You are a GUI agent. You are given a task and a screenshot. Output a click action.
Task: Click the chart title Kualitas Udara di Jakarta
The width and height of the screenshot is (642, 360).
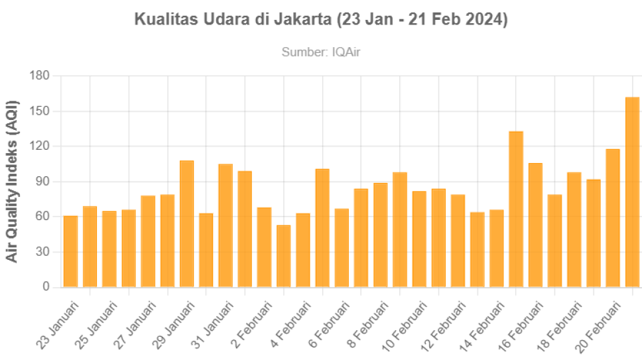click(321, 20)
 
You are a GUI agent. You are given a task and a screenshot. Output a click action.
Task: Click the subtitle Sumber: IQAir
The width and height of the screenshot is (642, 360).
click(321, 52)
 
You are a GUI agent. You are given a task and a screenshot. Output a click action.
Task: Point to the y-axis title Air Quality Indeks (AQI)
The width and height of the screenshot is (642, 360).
click(13, 181)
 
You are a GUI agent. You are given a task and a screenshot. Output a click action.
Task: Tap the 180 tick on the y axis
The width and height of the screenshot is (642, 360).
click(40, 76)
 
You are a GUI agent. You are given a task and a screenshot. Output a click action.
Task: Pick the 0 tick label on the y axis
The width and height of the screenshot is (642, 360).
click(47, 287)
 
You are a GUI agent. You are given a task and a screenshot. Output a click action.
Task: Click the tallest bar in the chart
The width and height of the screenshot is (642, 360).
click(633, 192)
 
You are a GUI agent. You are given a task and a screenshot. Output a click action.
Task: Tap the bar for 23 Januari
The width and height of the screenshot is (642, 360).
click(70, 251)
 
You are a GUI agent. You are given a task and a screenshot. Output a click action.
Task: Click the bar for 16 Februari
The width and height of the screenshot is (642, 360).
click(536, 225)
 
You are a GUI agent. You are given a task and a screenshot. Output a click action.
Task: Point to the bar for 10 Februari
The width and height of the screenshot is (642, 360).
click(419, 239)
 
